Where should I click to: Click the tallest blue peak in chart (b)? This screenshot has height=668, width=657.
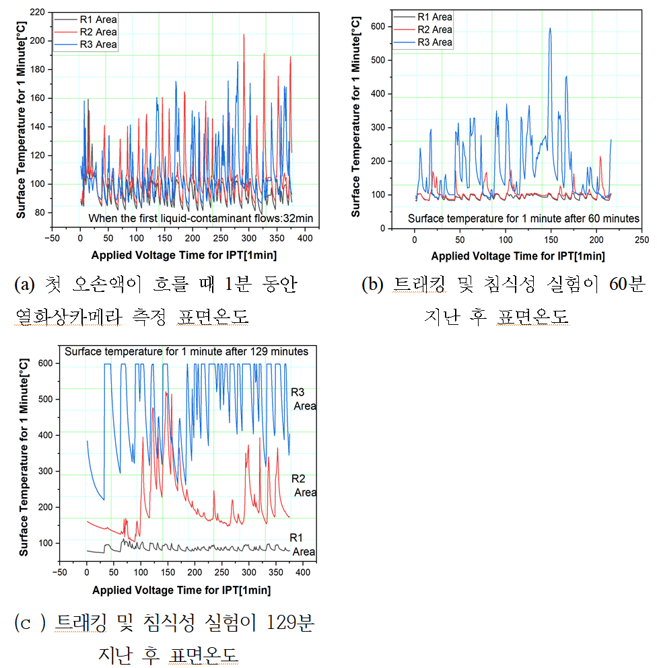point(550,29)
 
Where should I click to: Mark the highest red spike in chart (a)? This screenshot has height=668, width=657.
point(244,35)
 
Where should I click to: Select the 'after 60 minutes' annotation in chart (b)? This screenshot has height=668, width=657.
point(524,218)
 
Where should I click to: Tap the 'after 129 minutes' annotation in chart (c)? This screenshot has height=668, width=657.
point(186,351)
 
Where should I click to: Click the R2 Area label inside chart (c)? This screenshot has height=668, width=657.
point(303,485)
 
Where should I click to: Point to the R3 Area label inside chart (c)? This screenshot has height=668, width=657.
point(303,399)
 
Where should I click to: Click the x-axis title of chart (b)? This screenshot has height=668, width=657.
point(518,256)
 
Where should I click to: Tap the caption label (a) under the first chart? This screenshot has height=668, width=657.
point(26,285)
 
